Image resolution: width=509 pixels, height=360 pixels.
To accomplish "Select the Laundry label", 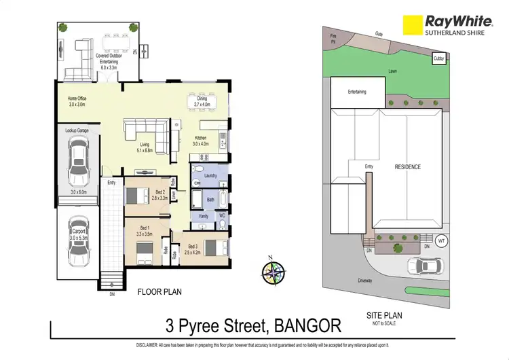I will point(210,175).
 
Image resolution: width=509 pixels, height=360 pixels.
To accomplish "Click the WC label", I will point(222,215).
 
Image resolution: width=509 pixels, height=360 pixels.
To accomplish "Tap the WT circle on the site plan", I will point(441,240).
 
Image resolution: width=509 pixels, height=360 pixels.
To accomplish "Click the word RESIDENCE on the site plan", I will point(408,166).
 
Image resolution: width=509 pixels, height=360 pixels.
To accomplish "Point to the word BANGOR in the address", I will point(307,327).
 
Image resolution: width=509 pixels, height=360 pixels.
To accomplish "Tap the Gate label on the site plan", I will point(378,33).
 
